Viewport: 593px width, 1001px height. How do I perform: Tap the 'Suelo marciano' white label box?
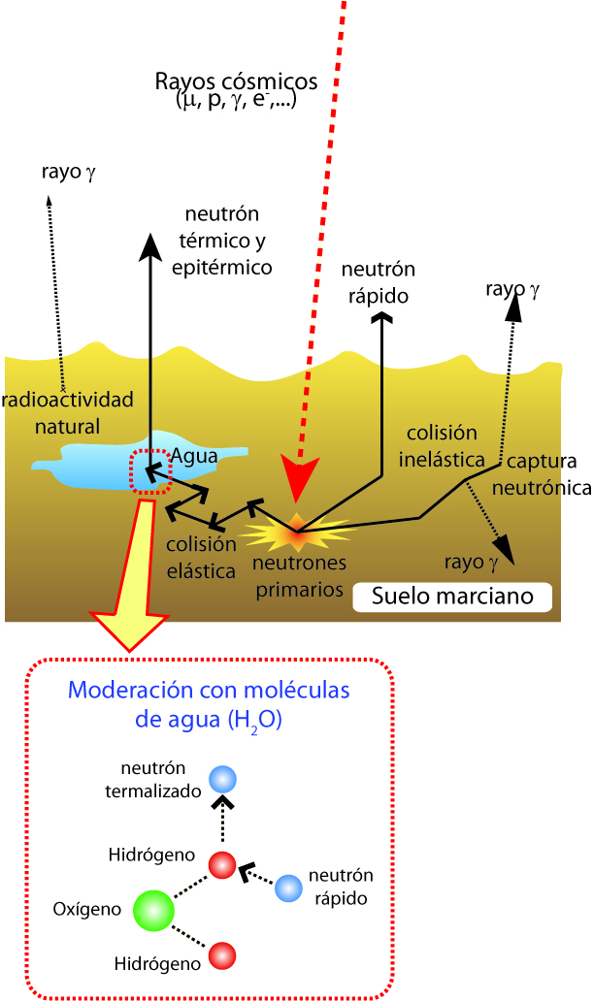tap(453, 596)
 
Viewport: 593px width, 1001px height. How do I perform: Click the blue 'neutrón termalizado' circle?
tap(224, 779)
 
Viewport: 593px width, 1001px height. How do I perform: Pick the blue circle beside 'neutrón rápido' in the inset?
tap(288, 888)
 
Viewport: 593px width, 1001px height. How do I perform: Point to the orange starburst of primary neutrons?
tap(296, 532)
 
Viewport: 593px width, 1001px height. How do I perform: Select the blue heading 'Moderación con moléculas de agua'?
tap(208, 705)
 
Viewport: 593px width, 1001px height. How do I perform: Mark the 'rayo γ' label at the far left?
tap(68, 173)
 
